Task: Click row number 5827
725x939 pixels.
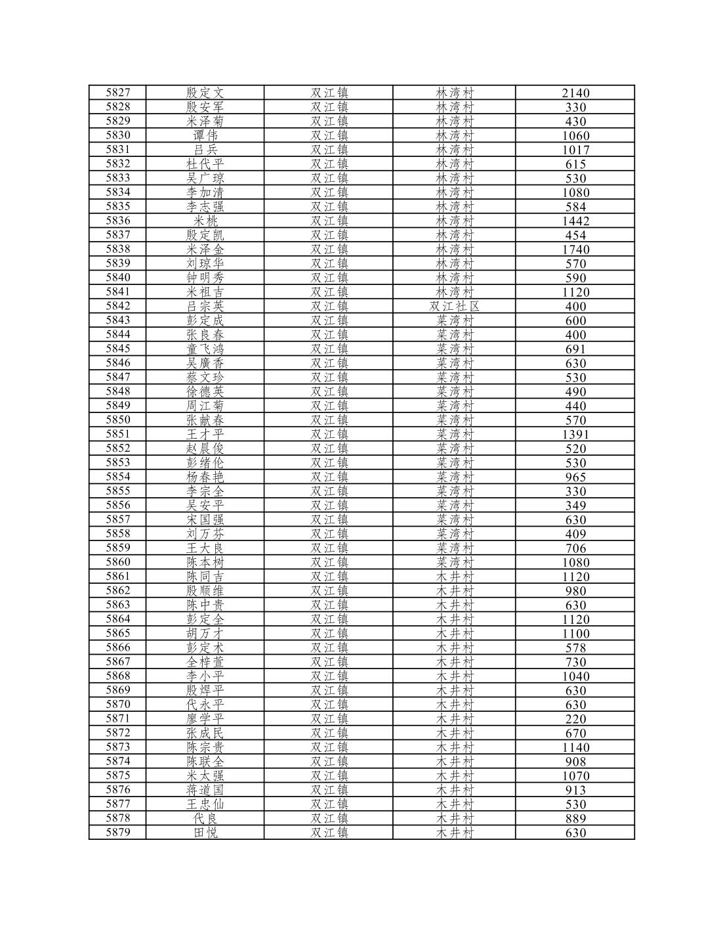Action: tap(118, 93)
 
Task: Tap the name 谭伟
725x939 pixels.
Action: tap(205, 135)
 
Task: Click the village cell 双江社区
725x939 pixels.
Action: tap(454, 306)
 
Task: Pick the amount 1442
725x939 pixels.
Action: tap(575, 221)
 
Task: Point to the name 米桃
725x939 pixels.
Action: tap(205, 221)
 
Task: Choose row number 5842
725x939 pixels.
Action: tap(118, 306)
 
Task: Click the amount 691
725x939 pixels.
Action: tap(575, 349)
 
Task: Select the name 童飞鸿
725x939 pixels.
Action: tap(205, 349)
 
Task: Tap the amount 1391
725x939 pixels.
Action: tap(575, 435)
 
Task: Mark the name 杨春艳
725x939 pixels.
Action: tap(205, 477)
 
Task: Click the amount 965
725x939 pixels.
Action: tap(575, 477)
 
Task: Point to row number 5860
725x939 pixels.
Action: tap(118, 562)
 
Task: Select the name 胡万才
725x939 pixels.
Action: tap(205, 633)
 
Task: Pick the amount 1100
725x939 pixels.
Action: tap(575, 634)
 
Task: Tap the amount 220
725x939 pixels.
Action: tap(575, 719)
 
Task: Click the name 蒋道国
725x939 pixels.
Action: tap(205, 789)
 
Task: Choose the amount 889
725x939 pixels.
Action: tap(575, 819)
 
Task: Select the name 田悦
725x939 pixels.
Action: tap(205, 833)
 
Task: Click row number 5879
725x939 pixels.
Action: tap(118, 833)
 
